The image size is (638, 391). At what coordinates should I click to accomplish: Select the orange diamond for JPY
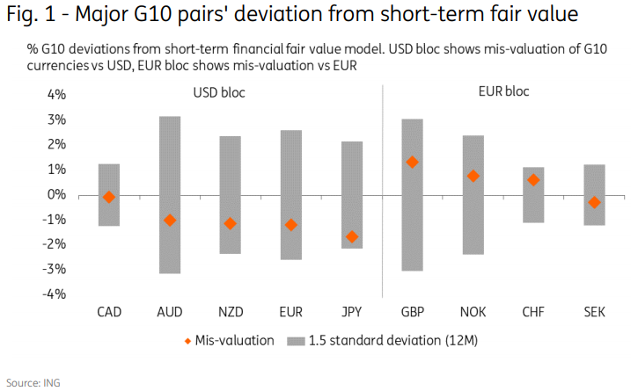pos(352,236)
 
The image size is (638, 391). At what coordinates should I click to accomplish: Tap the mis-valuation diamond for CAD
pos(109,197)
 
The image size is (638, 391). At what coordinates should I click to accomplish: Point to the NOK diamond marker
pos(473,176)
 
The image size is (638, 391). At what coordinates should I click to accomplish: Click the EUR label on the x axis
pos(291,311)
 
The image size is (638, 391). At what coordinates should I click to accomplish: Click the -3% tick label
pos(55,269)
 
